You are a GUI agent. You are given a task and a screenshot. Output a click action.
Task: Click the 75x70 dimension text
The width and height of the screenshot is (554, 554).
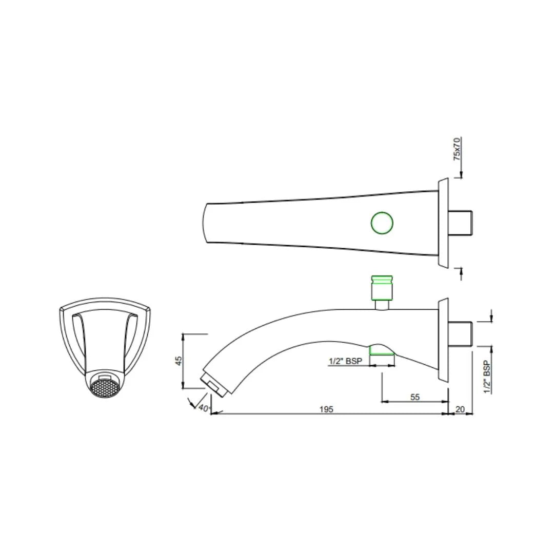[457, 149]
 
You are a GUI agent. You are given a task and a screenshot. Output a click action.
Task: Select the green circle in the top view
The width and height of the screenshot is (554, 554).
[382, 223]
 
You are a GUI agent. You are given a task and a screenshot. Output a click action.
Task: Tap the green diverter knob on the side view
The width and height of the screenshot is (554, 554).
[382, 287]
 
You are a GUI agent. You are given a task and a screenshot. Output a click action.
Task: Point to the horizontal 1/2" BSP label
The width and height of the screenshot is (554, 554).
[345, 361]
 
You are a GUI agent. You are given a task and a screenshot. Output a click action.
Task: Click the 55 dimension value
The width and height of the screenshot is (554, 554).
[415, 397]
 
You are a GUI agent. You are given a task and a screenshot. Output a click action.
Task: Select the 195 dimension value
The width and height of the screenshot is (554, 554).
[326, 409]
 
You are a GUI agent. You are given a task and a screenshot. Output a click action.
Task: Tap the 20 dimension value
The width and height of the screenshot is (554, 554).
[460, 409]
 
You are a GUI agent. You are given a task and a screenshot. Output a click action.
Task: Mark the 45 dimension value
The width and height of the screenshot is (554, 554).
[179, 361]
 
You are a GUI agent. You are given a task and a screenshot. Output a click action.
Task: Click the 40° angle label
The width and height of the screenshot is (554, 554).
[204, 408]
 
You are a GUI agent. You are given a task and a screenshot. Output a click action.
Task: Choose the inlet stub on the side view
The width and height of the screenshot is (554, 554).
[462, 333]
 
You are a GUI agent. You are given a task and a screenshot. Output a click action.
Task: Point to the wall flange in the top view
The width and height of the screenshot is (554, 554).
[443, 223]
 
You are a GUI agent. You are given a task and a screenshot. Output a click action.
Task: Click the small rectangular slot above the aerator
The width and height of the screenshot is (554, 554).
[105, 377]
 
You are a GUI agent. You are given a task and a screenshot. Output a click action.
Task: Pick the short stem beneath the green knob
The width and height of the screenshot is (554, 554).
[382, 305]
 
